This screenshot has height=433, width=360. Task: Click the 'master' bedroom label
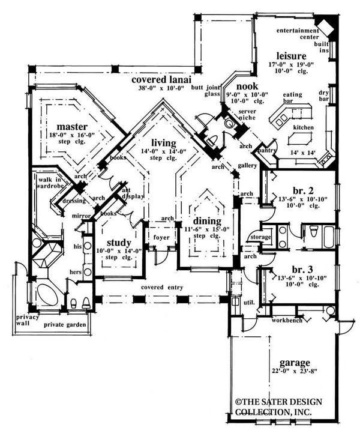[73, 127]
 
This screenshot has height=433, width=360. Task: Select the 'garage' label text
[294, 363]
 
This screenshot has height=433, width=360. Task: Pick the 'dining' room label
[206, 221]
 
